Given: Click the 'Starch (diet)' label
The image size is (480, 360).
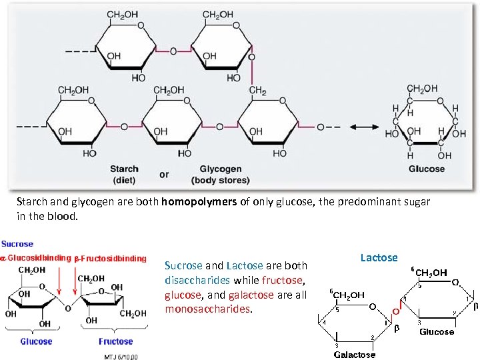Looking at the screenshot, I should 124,175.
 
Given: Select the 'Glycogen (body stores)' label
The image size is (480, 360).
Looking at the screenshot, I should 220,175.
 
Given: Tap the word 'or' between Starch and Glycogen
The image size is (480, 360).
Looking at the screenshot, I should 164,175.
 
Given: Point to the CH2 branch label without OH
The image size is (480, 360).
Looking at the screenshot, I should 258,91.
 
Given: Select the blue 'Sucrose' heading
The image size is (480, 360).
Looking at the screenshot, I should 17,244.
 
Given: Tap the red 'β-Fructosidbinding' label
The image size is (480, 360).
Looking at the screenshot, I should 110,258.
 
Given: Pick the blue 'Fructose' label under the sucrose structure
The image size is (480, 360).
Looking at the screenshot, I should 115,341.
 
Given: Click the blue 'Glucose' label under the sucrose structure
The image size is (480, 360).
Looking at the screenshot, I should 36,341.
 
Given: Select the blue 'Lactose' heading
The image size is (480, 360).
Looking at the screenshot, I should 379,258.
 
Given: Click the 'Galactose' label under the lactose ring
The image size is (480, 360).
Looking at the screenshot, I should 354,354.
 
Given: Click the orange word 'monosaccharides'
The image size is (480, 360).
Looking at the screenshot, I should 208,310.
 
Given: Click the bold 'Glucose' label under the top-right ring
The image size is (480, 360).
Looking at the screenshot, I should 427,169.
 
